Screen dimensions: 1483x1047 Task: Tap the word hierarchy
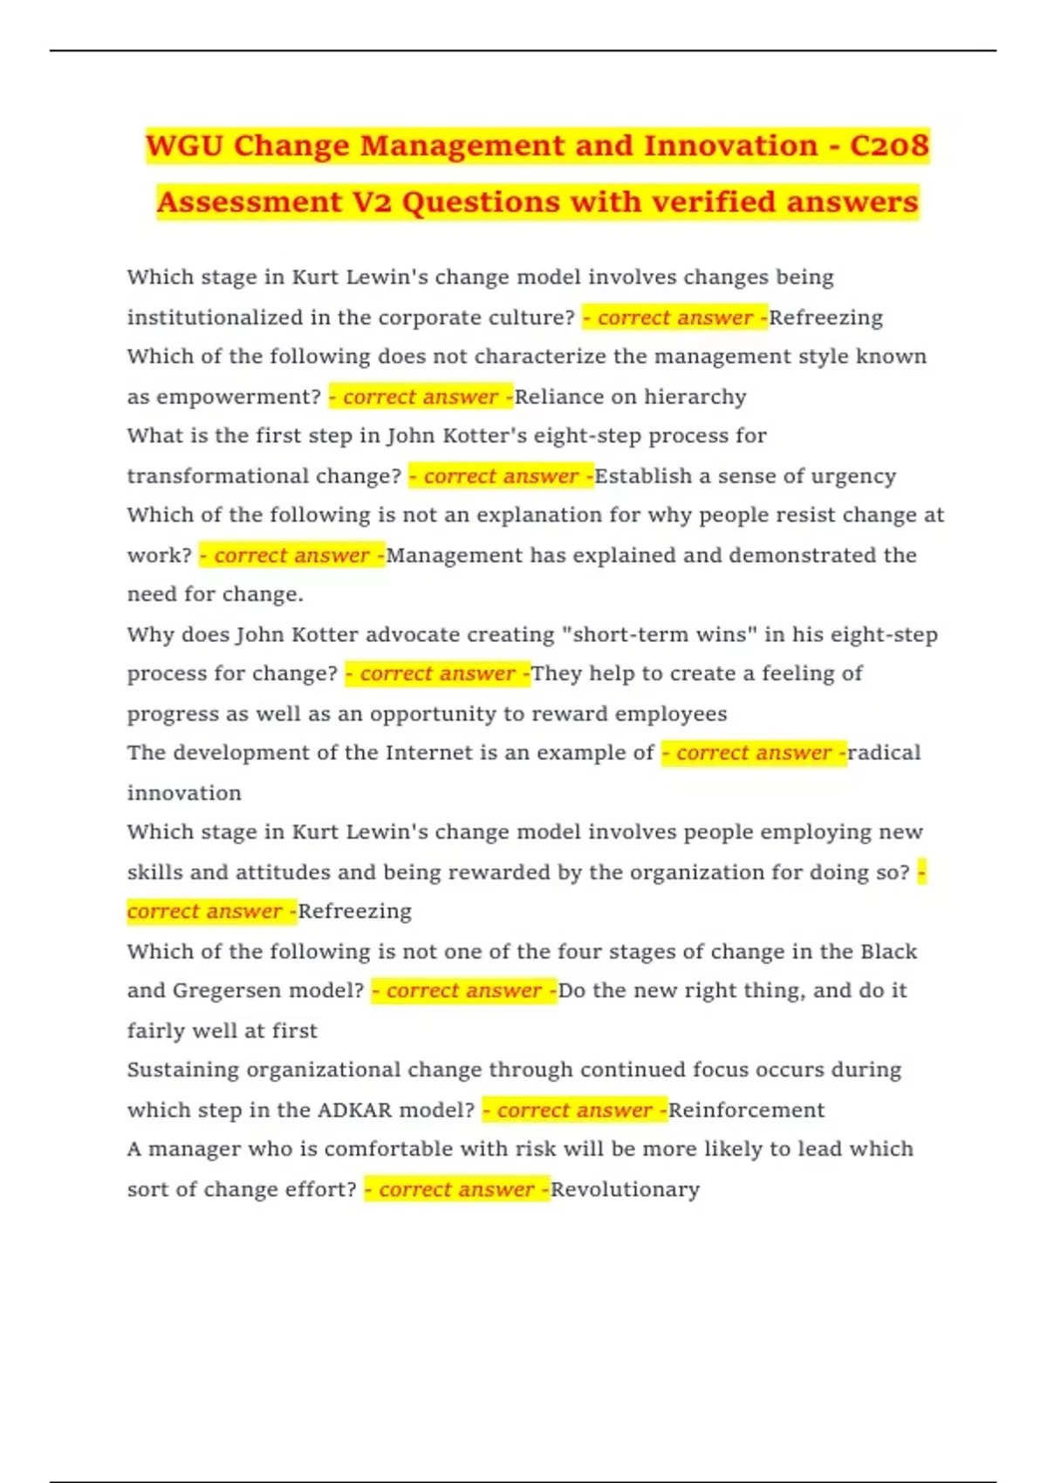click(695, 397)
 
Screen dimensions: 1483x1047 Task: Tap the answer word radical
click(884, 753)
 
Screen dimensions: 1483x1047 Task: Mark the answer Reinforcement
click(746, 1111)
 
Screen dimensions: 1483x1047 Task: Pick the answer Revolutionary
click(626, 1190)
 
